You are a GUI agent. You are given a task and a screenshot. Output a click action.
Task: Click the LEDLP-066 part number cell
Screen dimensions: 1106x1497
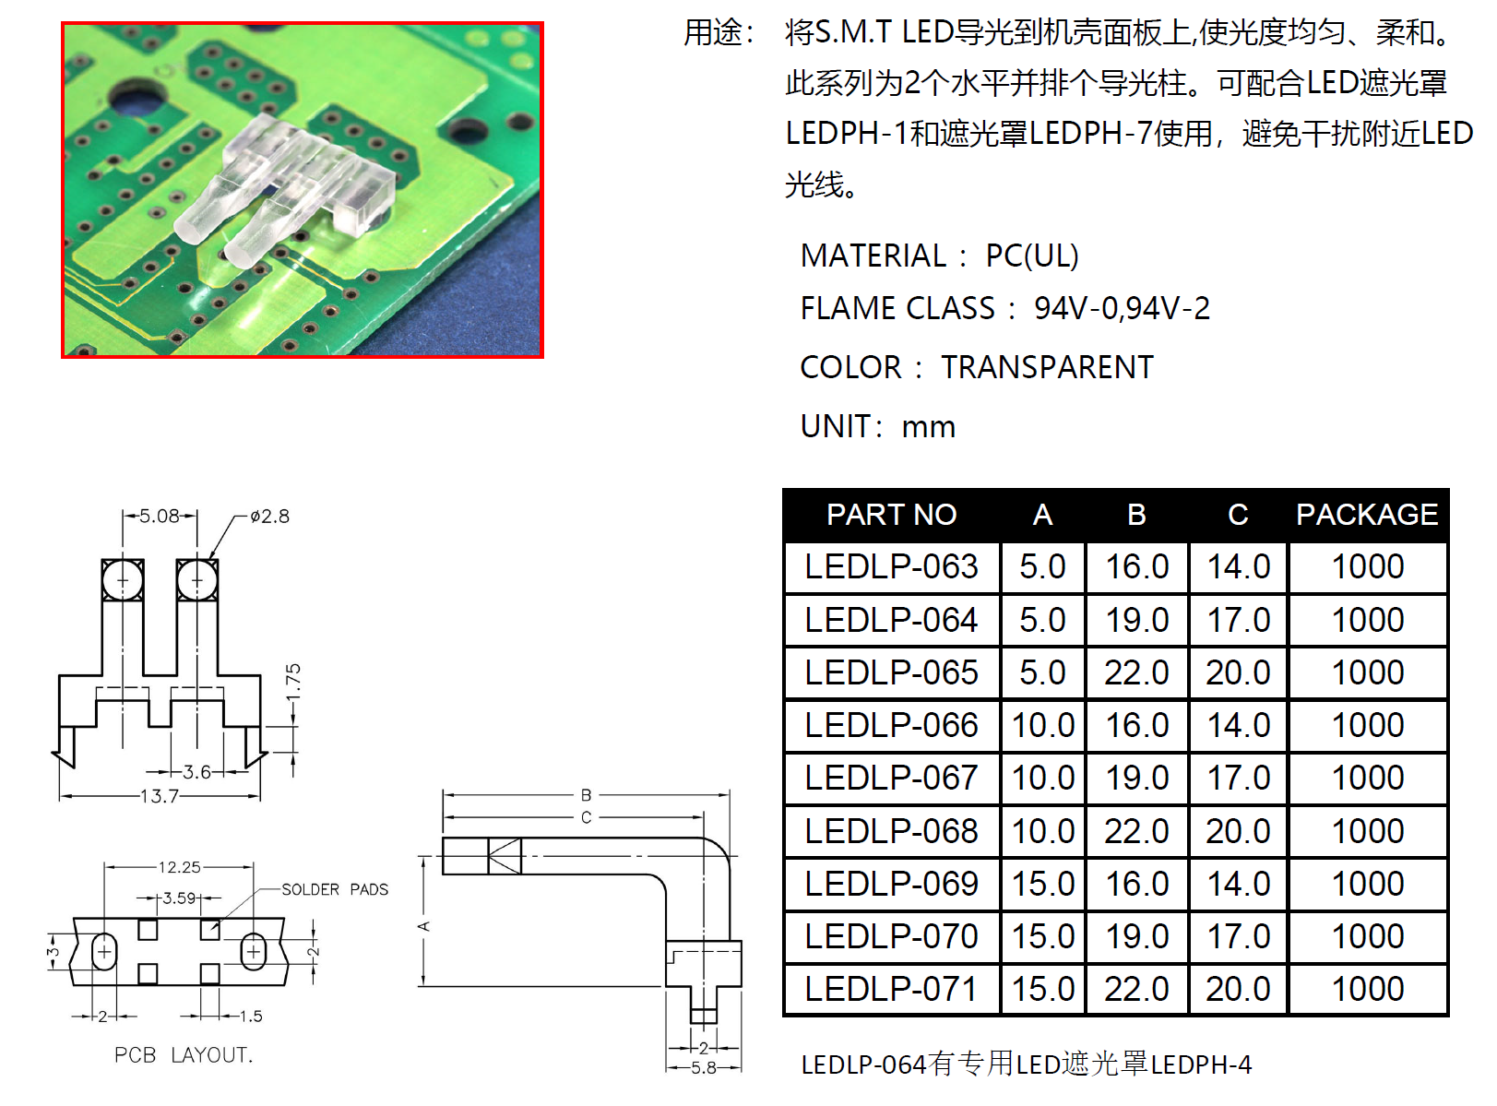(x=891, y=725)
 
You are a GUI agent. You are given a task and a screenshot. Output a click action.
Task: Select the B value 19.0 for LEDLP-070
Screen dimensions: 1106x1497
(x=1136, y=936)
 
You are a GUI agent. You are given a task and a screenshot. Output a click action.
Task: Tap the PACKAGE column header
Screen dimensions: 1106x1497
(x=1366, y=515)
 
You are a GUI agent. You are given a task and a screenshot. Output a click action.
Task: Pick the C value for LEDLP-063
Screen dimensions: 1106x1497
(x=1238, y=566)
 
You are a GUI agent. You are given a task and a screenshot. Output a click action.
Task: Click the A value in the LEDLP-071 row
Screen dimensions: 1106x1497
(x=1042, y=989)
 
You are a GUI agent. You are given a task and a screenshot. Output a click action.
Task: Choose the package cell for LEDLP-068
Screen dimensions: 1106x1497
(x=1367, y=831)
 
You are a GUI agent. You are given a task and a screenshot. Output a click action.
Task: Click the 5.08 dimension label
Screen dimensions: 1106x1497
(x=159, y=516)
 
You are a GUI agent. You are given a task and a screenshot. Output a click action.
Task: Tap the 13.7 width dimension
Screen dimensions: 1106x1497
(x=159, y=796)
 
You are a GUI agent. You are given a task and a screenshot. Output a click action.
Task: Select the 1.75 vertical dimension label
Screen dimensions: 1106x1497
(x=293, y=683)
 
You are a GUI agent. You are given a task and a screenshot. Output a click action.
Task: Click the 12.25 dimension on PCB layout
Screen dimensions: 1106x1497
(x=179, y=867)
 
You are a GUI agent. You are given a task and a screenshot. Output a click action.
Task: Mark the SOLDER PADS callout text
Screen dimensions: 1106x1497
(x=335, y=889)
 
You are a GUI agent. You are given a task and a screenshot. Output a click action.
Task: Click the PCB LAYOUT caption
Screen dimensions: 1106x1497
(x=184, y=1055)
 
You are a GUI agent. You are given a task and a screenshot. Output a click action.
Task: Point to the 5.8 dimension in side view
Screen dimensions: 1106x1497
(x=704, y=1068)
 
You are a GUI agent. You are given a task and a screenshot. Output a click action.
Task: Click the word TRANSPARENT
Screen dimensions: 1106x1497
(x=1047, y=367)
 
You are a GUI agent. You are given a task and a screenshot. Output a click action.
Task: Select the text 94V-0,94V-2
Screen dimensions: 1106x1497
(x=1122, y=308)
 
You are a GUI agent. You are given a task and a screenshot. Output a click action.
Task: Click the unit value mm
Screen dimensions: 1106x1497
(x=928, y=427)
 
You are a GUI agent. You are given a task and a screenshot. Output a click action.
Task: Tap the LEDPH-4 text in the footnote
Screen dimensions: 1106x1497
(x=1201, y=1064)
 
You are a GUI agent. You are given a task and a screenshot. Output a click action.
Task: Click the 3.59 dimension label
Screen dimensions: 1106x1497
(x=179, y=898)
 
